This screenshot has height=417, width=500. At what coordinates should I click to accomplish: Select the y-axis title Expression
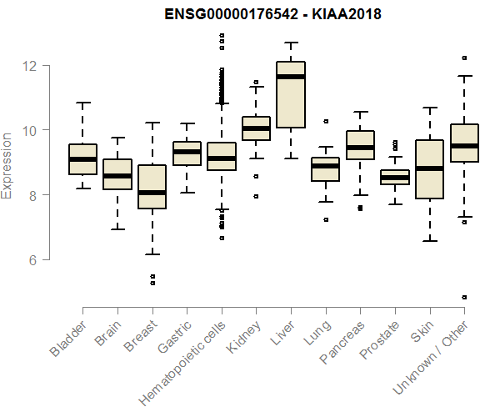7,164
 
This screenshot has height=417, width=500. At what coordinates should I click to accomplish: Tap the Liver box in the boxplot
291,94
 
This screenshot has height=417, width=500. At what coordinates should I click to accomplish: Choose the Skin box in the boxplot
430,169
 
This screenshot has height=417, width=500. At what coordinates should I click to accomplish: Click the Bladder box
82,159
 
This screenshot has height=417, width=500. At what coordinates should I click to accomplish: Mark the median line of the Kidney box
256,128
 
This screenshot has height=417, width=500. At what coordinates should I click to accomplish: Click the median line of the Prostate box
395,178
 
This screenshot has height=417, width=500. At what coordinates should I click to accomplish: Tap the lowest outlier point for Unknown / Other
464,297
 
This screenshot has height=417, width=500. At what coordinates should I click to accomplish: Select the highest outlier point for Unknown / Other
464,58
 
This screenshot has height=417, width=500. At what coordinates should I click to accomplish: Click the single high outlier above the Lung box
326,121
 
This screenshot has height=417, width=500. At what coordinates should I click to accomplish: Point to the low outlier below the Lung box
326,219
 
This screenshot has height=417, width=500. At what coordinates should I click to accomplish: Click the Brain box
117,174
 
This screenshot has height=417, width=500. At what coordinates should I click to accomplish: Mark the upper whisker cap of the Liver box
291,43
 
